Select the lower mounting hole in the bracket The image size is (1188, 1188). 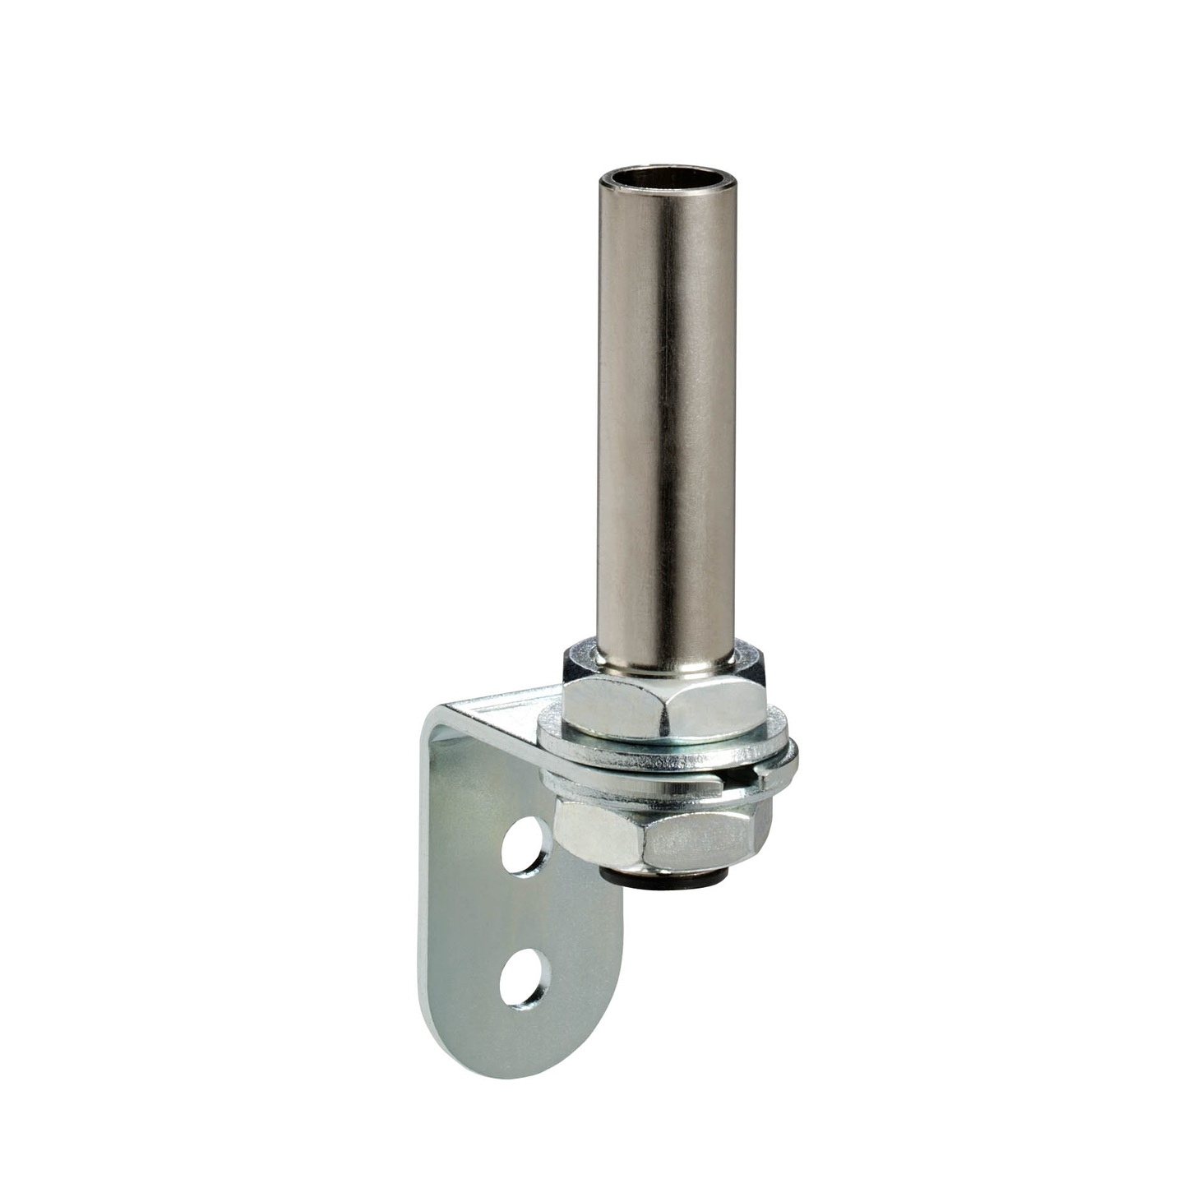pyautogui.click(x=523, y=978)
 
